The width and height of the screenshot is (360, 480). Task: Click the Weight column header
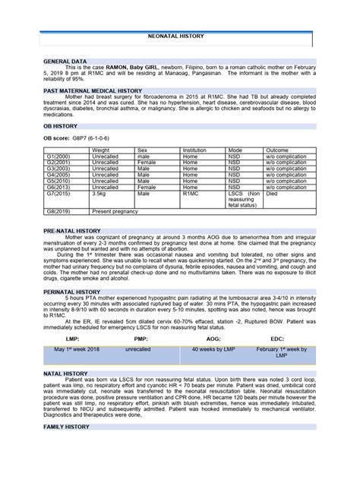[100, 150]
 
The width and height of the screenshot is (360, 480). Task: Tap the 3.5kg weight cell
[100, 194]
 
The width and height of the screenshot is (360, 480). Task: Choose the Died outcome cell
[272, 194]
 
